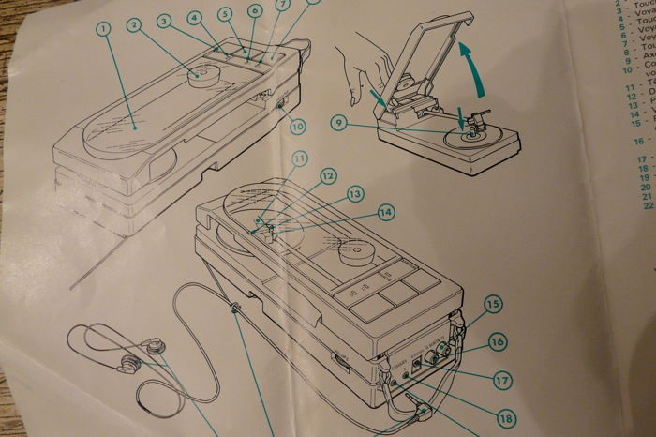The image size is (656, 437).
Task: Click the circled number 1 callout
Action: point(103,29)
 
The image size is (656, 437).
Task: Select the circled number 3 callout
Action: point(164,19)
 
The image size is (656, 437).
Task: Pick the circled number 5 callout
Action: point(225,13)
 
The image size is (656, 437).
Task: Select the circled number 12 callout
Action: point(327,174)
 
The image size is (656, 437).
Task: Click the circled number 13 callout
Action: point(355,193)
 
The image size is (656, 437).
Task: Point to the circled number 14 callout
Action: point(385,212)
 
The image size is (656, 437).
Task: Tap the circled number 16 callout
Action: point(497,342)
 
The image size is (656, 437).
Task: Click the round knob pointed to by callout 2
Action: point(201,73)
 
